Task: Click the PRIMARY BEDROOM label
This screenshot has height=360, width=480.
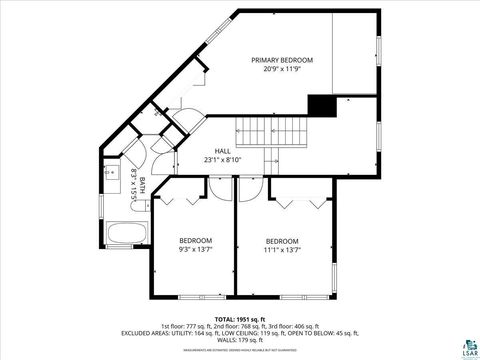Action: tap(281, 59)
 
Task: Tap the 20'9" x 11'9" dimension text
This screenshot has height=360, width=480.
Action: tap(281, 69)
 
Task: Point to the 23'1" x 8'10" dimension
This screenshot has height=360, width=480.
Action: tap(223, 160)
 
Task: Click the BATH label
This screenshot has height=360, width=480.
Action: tap(142, 185)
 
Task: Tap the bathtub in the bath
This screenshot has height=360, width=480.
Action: tap(126, 235)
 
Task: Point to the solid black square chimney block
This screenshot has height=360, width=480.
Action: tap(321, 105)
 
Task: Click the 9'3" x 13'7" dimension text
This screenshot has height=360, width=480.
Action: tap(195, 251)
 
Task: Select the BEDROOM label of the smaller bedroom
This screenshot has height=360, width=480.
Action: tap(195, 241)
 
